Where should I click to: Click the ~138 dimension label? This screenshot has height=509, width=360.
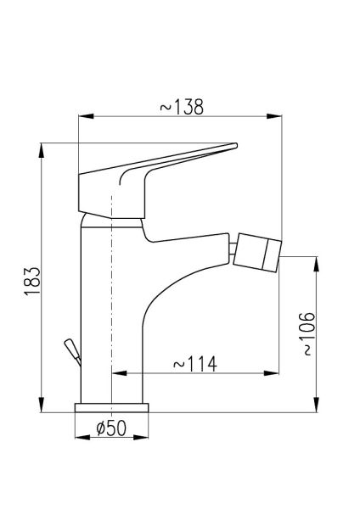182,107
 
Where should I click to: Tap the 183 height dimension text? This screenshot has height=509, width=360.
32,281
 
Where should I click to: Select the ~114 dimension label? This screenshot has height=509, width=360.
195,364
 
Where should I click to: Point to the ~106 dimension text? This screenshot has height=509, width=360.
307,333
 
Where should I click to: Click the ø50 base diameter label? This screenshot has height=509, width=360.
111,428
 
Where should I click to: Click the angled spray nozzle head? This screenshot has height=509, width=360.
257,252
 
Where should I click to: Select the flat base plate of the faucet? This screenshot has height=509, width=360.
111,408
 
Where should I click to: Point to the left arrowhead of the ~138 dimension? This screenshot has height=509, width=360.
86,116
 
